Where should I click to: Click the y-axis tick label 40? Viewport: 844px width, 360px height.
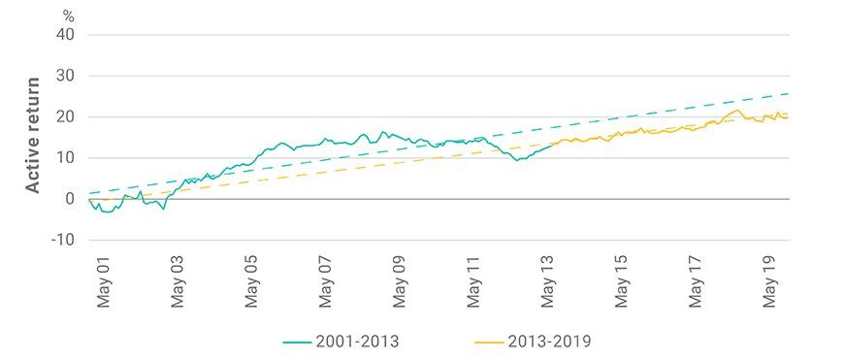click(x=66, y=35)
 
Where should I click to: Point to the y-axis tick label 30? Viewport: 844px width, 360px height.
click(x=66, y=76)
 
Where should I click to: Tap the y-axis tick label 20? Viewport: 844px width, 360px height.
click(x=66, y=116)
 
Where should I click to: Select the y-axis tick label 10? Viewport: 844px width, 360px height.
click(x=66, y=158)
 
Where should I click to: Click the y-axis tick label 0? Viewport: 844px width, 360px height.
click(x=71, y=199)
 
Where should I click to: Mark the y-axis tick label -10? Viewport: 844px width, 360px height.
click(x=63, y=240)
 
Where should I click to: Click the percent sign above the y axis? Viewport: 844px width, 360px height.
click(x=68, y=16)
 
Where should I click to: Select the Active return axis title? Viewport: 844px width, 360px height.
click(x=33, y=135)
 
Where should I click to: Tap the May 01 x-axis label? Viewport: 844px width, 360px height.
click(x=104, y=284)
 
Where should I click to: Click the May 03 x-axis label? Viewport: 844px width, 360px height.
click(x=178, y=284)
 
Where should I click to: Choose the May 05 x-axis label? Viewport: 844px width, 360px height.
click(x=252, y=284)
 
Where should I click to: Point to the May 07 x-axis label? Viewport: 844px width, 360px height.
click(x=326, y=284)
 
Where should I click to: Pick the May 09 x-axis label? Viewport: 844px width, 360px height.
click(x=400, y=284)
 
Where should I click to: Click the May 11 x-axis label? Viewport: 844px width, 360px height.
click(x=473, y=284)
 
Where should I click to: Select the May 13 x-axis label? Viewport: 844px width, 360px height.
click(x=548, y=284)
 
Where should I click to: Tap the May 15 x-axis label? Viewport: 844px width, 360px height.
click(x=622, y=284)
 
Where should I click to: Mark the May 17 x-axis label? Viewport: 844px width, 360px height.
click(x=696, y=284)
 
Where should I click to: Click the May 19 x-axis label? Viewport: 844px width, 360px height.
click(x=770, y=284)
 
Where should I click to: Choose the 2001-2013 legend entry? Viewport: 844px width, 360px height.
click(x=341, y=342)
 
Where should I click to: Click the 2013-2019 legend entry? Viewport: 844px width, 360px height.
click(x=533, y=342)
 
